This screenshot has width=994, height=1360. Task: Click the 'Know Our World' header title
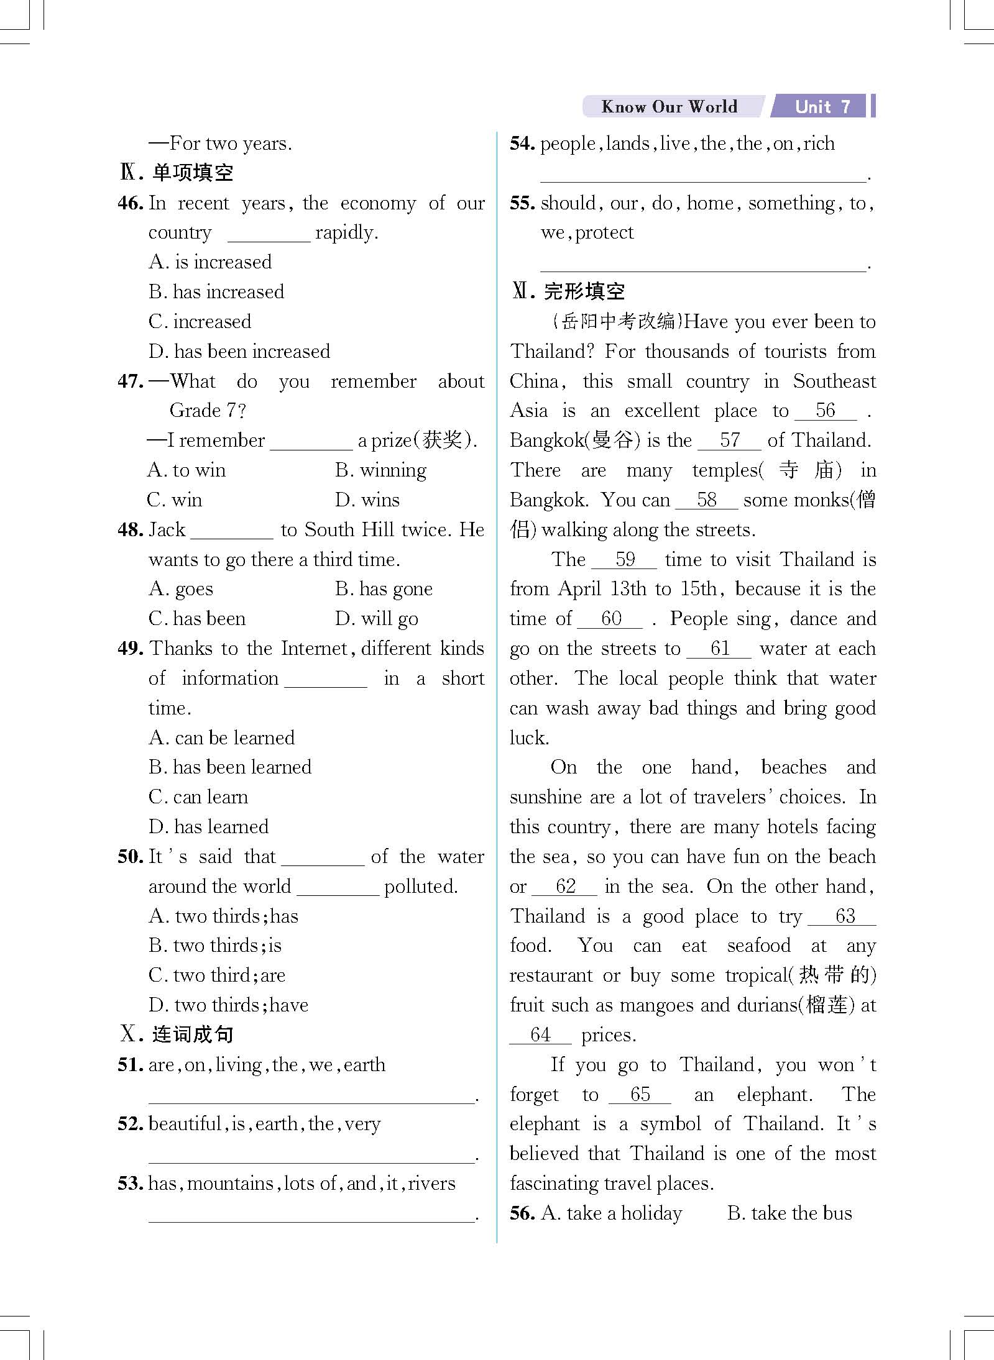(x=669, y=106)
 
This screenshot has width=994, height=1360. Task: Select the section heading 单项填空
(x=192, y=173)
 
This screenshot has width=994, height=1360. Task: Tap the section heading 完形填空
(x=584, y=291)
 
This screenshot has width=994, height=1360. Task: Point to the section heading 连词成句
(x=192, y=1034)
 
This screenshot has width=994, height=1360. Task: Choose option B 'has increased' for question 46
(x=216, y=291)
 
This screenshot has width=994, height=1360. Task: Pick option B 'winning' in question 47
(x=380, y=470)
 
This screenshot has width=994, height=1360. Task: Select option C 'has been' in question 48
(x=197, y=619)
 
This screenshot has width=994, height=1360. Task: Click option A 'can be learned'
(x=222, y=738)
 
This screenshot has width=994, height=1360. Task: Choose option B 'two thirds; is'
(x=215, y=946)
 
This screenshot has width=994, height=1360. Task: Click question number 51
(x=130, y=1065)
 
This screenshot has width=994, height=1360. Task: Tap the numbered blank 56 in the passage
(x=826, y=411)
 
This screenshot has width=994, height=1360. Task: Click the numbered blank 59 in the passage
(x=624, y=559)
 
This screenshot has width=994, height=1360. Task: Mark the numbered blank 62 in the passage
(x=565, y=887)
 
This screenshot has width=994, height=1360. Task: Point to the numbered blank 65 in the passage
(x=640, y=1094)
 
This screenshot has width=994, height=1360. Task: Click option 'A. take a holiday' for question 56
(x=612, y=1213)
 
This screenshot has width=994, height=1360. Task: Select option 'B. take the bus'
(x=789, y=1213)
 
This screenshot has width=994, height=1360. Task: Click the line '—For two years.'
(x=221, y=144)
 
